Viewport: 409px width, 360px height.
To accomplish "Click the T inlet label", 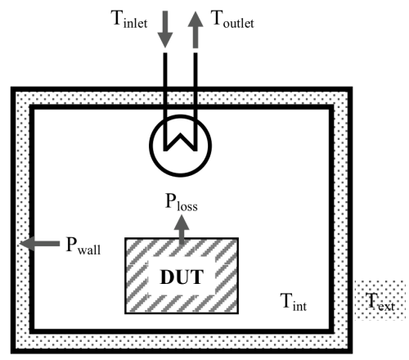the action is tap(129, 19).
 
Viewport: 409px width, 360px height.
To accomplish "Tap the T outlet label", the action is tap(232, 19).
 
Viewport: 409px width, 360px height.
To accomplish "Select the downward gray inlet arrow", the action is tap(165, 29).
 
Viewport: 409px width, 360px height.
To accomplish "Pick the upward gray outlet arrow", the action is tap(196, 29).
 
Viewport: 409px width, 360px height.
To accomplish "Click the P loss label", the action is tap(182, 202).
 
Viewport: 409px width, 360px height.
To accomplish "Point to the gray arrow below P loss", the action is tap(182, 229).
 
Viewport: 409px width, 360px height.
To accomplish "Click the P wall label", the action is tap(83, 245).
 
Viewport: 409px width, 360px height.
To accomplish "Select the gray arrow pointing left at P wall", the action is tap(40, 243).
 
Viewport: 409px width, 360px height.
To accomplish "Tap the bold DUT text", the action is tap(182, 277).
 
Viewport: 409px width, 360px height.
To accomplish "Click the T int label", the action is tap(294, 302).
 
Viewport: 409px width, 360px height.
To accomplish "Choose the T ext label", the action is tap(380, 302).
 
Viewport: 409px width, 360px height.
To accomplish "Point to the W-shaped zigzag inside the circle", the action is tap(180, 142).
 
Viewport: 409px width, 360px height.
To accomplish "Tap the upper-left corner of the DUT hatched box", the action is tap(125, 238).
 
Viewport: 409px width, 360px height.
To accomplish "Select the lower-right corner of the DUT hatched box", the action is tap(238, 313).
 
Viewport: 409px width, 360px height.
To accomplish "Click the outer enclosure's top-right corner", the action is tap(351, 88).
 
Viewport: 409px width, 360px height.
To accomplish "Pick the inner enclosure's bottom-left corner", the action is tap(32, 331).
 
